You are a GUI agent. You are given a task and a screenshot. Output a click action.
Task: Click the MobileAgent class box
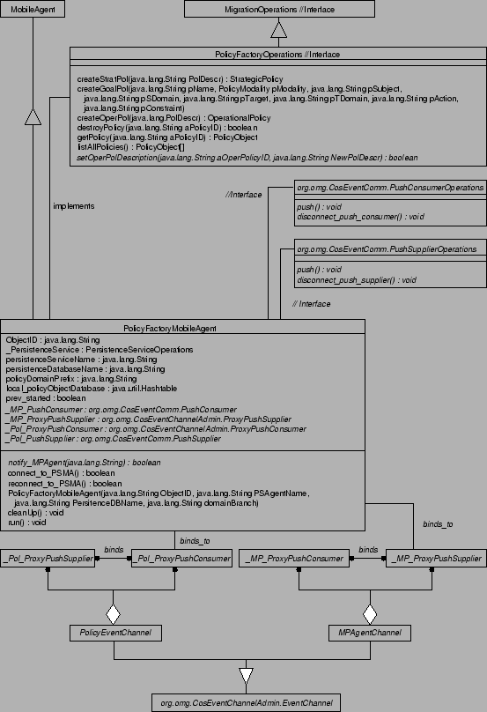click(32, 9)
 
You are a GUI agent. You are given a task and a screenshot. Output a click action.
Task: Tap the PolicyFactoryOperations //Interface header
click(278, 55)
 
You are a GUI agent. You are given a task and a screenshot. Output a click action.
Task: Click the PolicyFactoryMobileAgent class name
click(183, 328)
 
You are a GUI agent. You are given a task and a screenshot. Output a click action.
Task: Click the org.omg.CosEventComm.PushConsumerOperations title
click(389, 188)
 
